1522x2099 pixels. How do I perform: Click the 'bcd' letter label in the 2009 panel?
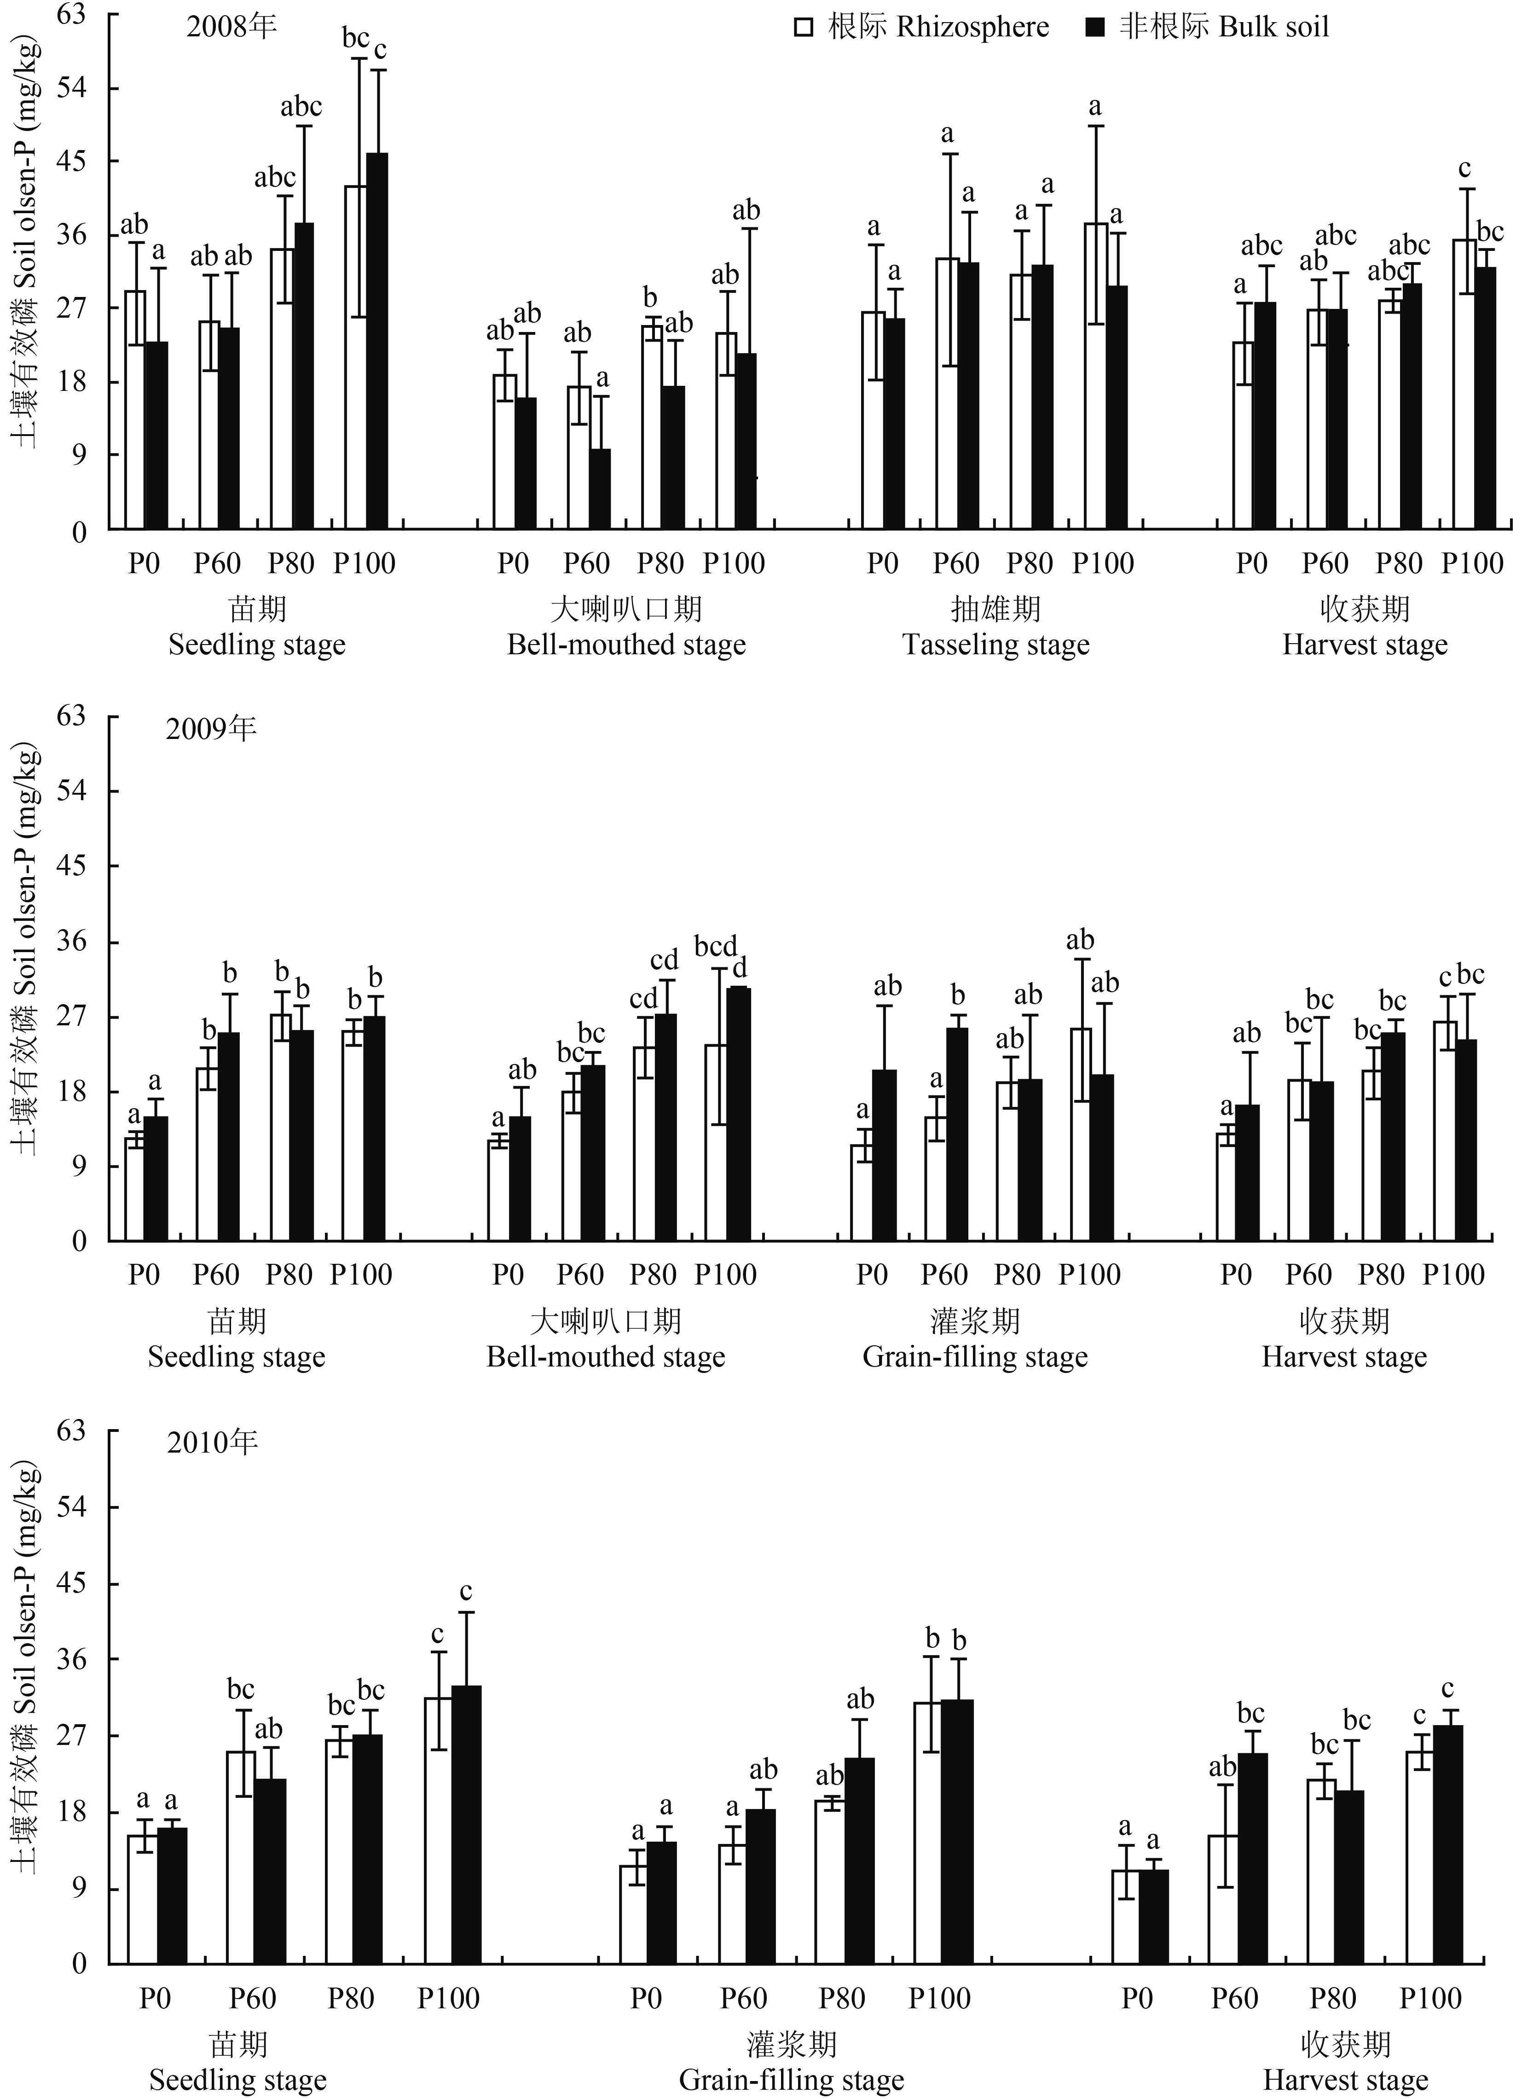click(x=716, y=947)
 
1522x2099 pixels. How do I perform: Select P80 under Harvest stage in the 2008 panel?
click(x=1399, y=563)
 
